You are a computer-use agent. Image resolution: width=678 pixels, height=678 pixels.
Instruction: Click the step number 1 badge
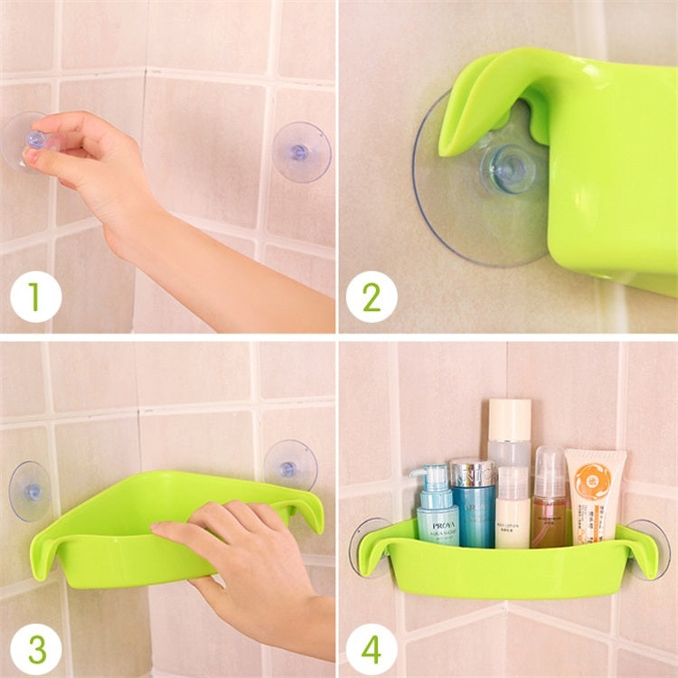pos(35,297)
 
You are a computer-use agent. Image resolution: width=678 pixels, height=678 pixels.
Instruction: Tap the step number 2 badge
pos(371,297)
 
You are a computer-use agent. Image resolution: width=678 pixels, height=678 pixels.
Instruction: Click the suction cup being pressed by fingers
pos(27,141)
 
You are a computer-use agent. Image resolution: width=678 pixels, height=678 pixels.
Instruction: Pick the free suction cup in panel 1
pos(301,152)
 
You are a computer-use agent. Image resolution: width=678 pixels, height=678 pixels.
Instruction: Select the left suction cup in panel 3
pos(30,491)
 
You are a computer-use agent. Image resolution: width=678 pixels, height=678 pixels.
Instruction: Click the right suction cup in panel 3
pos(290,466)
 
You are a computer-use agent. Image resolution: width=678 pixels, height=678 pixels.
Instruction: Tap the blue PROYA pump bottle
pos(437,515)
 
